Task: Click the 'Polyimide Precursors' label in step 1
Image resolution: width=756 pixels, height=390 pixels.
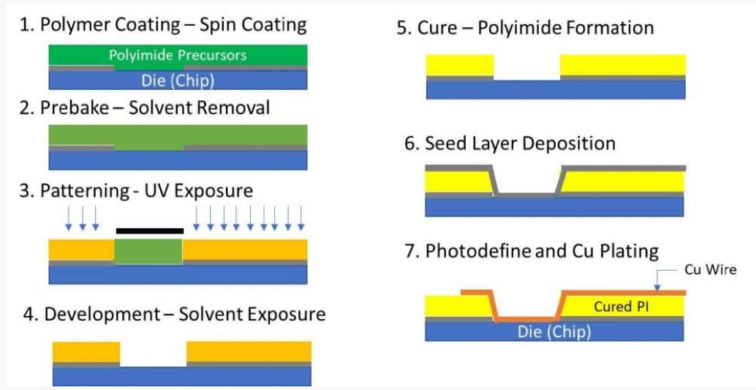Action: (178, 55)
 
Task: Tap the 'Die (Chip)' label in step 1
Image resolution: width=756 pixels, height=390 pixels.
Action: (178, 80)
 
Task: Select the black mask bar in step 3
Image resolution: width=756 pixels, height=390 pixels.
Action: (149, 230)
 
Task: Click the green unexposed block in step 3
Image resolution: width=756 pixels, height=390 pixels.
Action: (149, 251)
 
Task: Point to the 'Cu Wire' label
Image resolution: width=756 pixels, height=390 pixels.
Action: (710, 270)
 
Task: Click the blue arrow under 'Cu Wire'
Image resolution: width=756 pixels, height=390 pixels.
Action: (657, 280)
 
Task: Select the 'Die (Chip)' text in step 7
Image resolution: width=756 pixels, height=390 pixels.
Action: (554, 331)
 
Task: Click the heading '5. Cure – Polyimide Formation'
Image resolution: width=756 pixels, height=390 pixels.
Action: (525, 29)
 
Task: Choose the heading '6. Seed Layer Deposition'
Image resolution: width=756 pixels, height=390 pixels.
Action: (510, 143)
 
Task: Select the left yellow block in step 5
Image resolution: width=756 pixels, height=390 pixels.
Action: (460, 64)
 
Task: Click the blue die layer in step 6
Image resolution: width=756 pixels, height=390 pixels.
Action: (554, 207)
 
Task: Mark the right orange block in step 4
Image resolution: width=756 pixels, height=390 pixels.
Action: (249, 351)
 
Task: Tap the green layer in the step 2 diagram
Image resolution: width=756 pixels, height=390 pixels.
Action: (178, 136)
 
